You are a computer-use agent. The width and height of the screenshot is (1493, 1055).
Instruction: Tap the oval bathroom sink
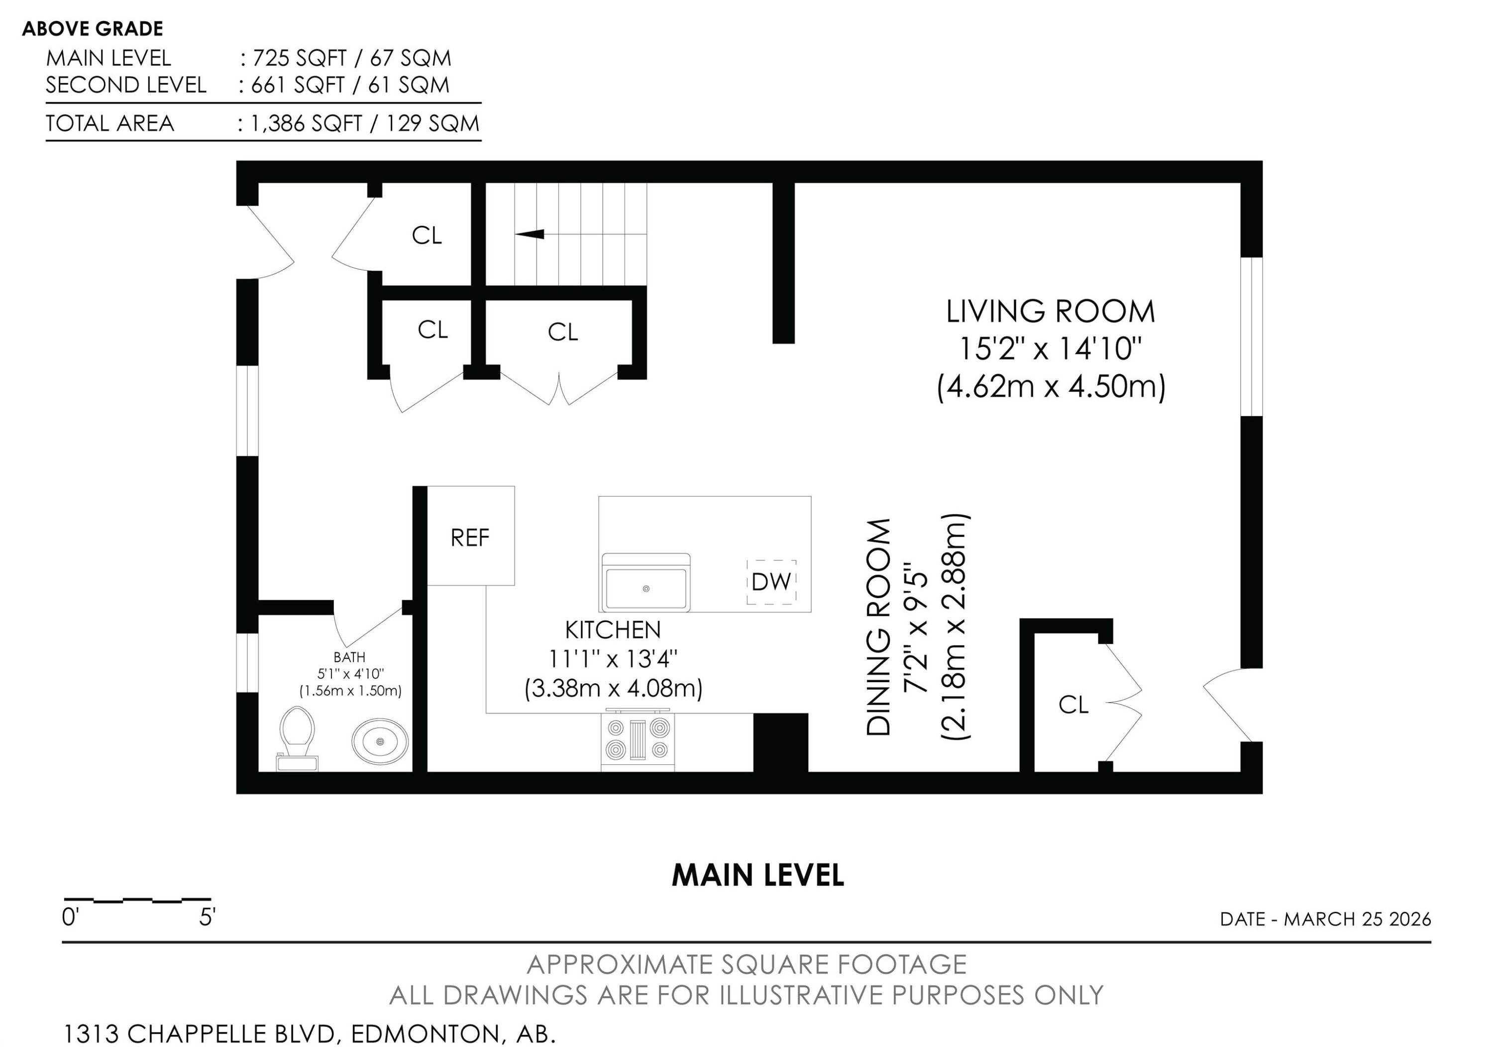pyautogui.click(x=380, y=741)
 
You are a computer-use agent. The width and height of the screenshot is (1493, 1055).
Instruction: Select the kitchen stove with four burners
pyautogui.click(x=637, y=740)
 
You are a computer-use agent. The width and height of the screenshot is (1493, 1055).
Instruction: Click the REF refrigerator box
pyautogui.click(x=470, y=537)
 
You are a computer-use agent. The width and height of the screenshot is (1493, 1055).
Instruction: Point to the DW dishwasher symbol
pyautogui.click(x=771, y=582)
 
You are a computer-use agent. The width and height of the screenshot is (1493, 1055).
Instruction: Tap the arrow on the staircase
pyautogui.click(x=530, y=234)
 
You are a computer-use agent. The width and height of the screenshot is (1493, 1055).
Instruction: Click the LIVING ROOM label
pyautogui.click(x=1050, y=312)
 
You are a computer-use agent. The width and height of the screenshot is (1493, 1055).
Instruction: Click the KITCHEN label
pyautogui.click(x=613, y=630)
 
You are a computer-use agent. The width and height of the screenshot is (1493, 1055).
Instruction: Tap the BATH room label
pyautogui.click(x=349, y=657)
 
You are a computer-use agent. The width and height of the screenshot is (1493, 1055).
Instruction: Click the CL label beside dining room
pyautogui.click(x=1073, y=705)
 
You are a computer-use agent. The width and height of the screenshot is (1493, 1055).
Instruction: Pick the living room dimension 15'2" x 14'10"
pyautogui.click(x=1050, y=349)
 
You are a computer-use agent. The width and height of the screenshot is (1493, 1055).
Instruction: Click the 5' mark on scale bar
pyautogui.click(x=207, y=917)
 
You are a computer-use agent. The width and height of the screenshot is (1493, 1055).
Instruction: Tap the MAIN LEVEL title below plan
pyautogui.click(x=757, y=875)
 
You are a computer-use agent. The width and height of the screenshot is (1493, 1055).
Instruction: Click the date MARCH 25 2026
pyautogui.click(x=1357, y=919)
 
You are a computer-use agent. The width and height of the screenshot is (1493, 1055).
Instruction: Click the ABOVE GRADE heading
pyautogui.click(x=93, y=28)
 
